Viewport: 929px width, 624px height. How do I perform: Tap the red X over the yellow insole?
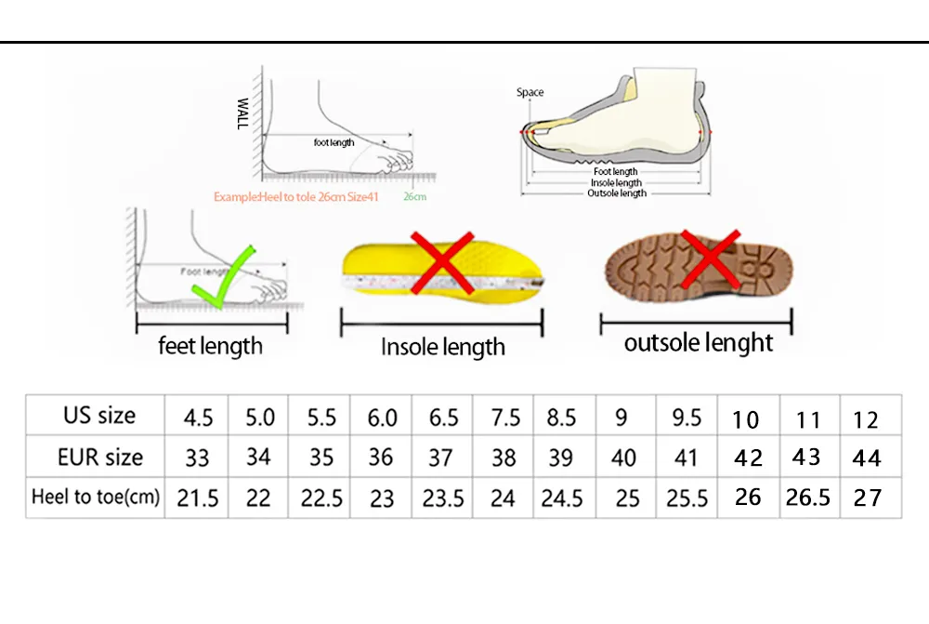tap(442, 263)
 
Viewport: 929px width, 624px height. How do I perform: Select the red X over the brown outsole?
tap(711, 259)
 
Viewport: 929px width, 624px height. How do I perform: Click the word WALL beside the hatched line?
tap(242, 113)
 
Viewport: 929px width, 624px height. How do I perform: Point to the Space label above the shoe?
tap(530, 92)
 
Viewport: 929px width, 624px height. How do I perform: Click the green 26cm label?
tap(414, 196)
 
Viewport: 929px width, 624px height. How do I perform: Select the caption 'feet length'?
tap(210, 346)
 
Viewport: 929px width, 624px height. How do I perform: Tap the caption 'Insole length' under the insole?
tap(442, 347)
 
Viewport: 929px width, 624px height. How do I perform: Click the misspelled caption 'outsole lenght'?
tap(699, 343)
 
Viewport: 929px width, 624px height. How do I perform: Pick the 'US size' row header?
tap(99, 415)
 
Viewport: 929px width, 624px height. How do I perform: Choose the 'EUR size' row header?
tap(100, 458)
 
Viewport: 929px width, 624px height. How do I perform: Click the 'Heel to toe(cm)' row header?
tap(96, 498)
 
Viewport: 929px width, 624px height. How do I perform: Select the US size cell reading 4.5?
tap(198, 418)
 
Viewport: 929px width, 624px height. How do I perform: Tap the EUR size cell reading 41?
tap(686, 458)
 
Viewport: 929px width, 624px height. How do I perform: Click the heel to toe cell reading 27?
tap(868, 498)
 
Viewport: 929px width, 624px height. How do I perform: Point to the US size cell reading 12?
tap(866, 420)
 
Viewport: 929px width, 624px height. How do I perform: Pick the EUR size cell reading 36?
tap(380, 458)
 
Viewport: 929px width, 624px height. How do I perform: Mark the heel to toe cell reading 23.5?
tap(443, 498)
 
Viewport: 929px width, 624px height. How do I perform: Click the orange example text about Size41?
tap(295, 197)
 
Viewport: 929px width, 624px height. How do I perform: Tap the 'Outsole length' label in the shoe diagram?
tap(617, 193)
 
